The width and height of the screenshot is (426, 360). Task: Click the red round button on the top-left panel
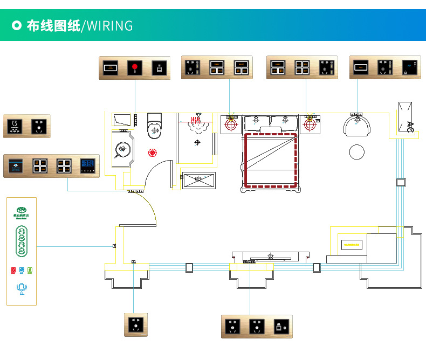coord(135,68)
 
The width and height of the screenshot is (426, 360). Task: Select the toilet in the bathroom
coord(154,127)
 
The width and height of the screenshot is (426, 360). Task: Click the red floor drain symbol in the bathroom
coord(153,152)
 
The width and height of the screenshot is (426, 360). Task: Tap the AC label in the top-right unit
coord(410,126)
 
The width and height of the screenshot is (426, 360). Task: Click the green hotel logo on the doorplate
coord(22,211)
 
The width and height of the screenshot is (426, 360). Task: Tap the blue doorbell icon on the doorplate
coord(22,288)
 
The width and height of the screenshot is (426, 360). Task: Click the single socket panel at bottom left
coord(135,325)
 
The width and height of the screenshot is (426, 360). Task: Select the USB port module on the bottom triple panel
coord(280,326)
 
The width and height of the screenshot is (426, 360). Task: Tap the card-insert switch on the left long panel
coord(16,165)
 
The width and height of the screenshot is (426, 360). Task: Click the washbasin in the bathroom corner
coord(123,148)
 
